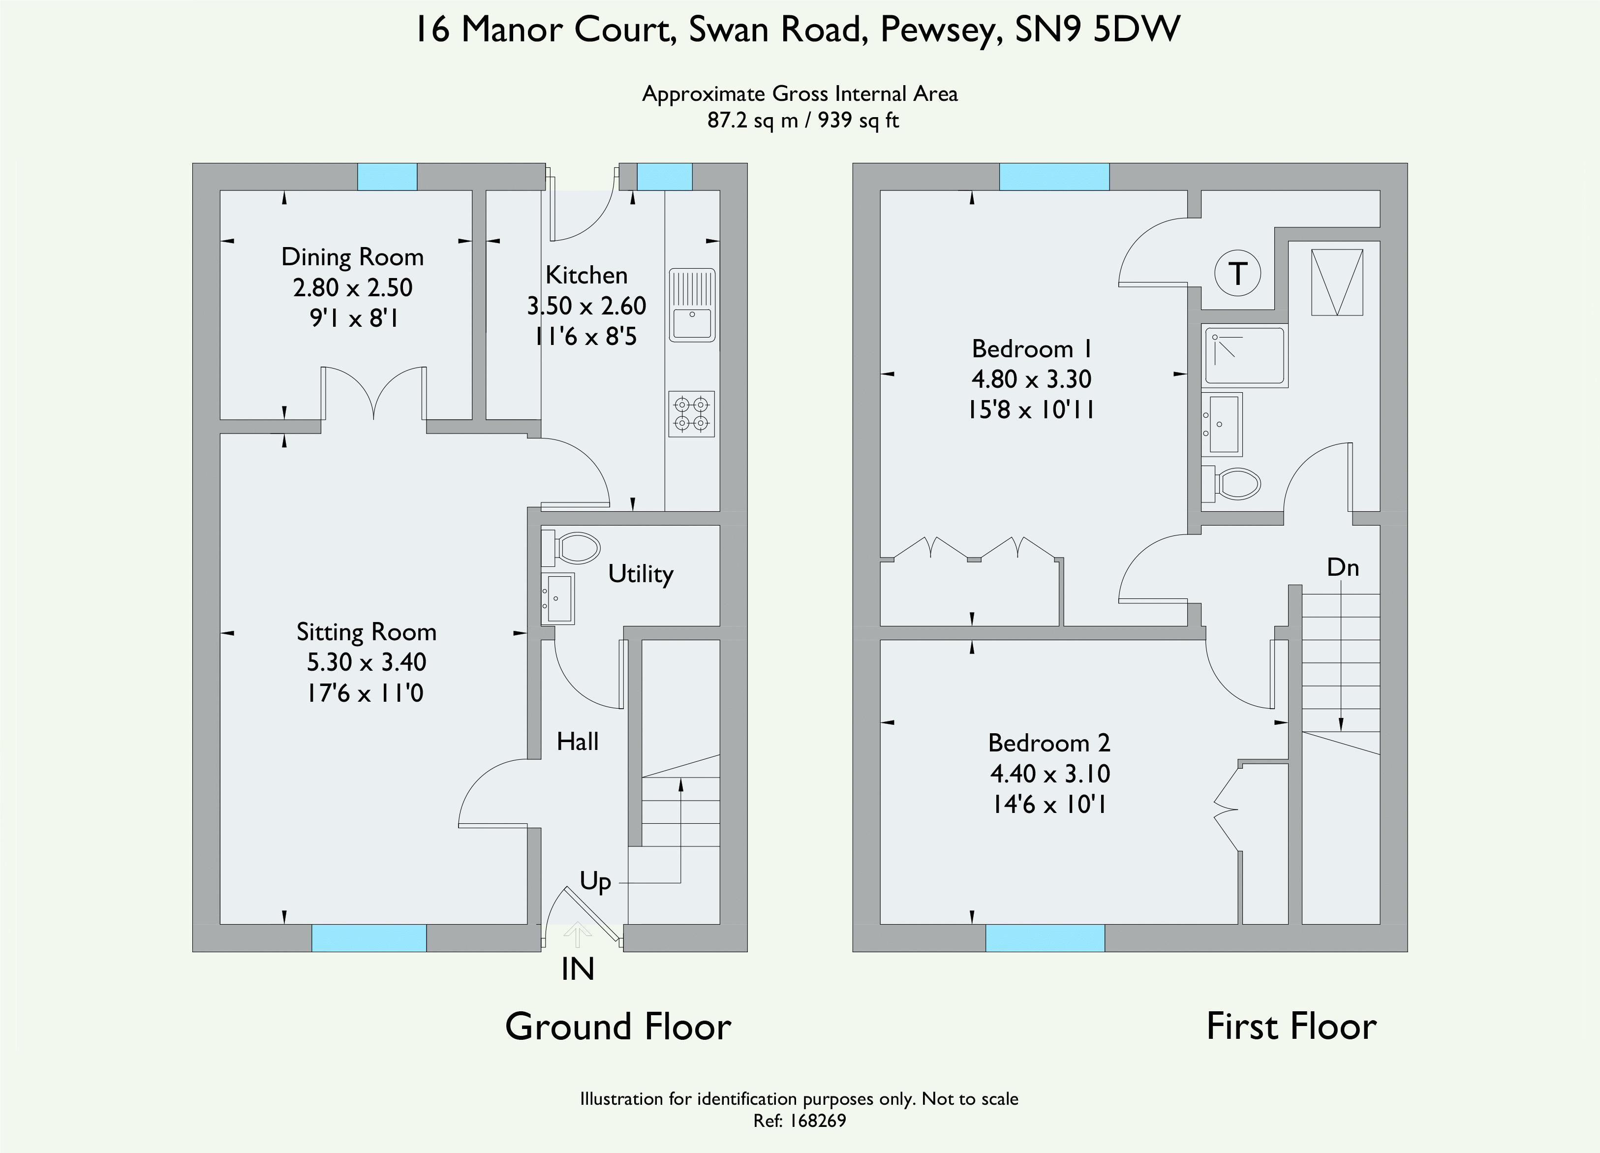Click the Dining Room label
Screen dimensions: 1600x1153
(x=352, y=257)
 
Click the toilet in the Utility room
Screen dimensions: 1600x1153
(x=571, y=548)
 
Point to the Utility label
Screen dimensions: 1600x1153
(x=641, y=574)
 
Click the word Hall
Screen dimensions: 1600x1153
(x=577, y=742)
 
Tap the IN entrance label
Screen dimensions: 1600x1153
(x=578, y=969)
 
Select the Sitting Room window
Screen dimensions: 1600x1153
(x=369, y=938)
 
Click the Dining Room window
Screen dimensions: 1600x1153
(x=387, y=176)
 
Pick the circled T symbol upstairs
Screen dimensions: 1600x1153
(x=1238, y=273)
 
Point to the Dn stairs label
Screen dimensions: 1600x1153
(x=1343, y=567)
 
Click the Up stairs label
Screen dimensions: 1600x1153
(x=595, y=882)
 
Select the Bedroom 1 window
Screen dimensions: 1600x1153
(x=1054, y=176)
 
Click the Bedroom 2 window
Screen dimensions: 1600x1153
(x=1045, y=938)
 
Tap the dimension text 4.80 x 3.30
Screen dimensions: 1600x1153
(x=1031, y=379)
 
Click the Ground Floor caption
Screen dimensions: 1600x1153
(x=618, y=1027)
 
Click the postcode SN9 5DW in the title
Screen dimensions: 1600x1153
(x=1098, y=30)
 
